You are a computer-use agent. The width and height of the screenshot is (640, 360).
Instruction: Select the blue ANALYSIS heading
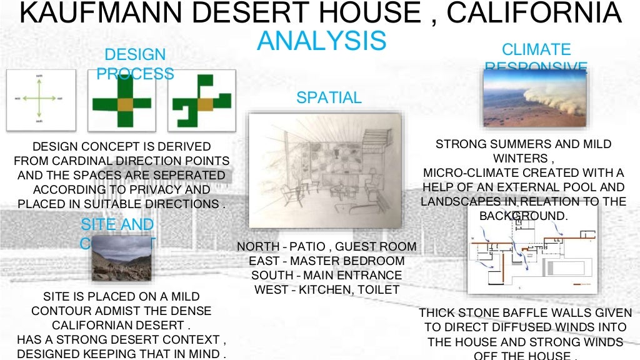(x=322, y=41)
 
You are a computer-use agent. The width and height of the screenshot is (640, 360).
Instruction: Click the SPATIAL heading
(x=329, y=97)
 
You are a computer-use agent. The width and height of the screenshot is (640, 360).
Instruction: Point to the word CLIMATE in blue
(x=536, y=49)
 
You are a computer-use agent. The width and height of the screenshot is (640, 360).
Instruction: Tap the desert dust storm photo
(x=534, y=98)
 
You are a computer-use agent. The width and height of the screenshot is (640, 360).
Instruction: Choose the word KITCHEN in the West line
(x=329, y=290)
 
